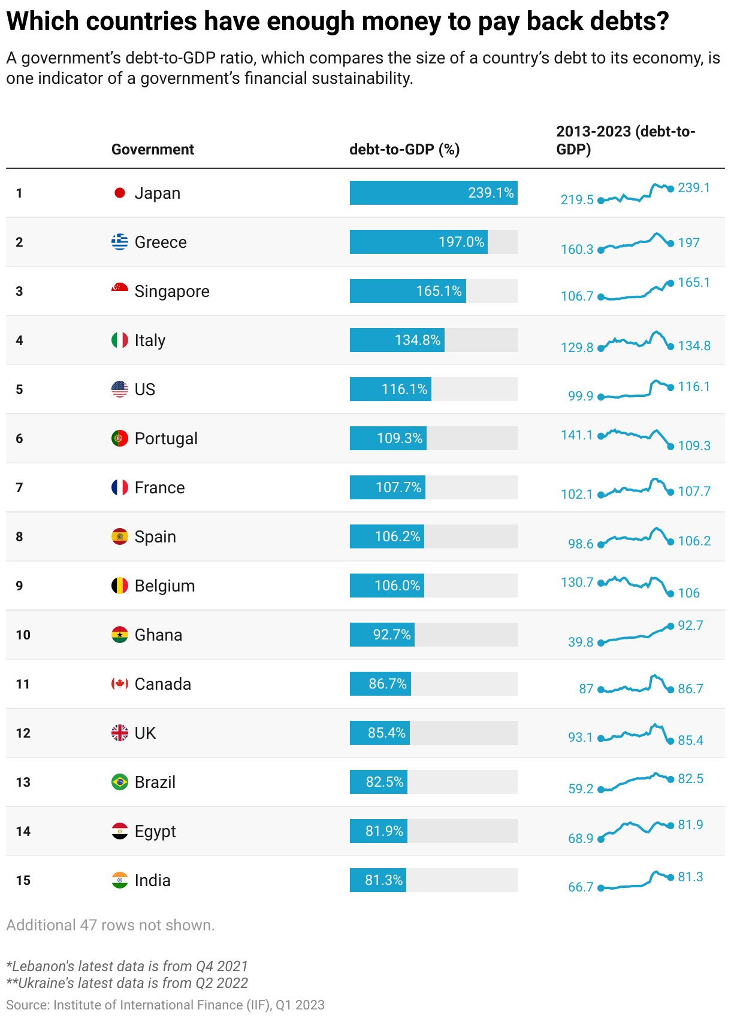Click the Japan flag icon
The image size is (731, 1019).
(x=120, y=193)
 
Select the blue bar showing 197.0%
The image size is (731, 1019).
(x=418, y=242)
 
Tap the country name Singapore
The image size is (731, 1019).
(x=172, y=291)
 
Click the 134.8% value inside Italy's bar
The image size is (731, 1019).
(x=418, y=340)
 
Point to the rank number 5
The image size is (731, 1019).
(x=19, y=389)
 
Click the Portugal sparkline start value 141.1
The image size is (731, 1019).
(x=576, y=435)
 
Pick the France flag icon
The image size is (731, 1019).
(x=120, y=487)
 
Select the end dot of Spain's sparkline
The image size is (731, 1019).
(x=670, y=542)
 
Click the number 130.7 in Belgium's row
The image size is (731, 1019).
(x=576, y=582)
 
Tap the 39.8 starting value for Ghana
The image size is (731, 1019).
(x=580, y=642)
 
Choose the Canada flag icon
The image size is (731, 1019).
(x=120, y=684)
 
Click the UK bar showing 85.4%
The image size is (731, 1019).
(x=380, y=733)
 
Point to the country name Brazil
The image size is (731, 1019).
(x=155, y=782)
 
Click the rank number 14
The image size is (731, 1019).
(x=23, y=831)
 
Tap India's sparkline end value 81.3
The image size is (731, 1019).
(x=690, y=877)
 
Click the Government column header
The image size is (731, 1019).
(x=153, y=149)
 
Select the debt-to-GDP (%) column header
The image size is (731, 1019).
(x=404, y=149)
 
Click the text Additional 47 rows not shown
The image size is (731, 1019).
(x=110, y=925)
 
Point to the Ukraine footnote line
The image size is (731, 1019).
(x=127, y=982)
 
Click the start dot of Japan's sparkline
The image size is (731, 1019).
(x=601, y=201)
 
